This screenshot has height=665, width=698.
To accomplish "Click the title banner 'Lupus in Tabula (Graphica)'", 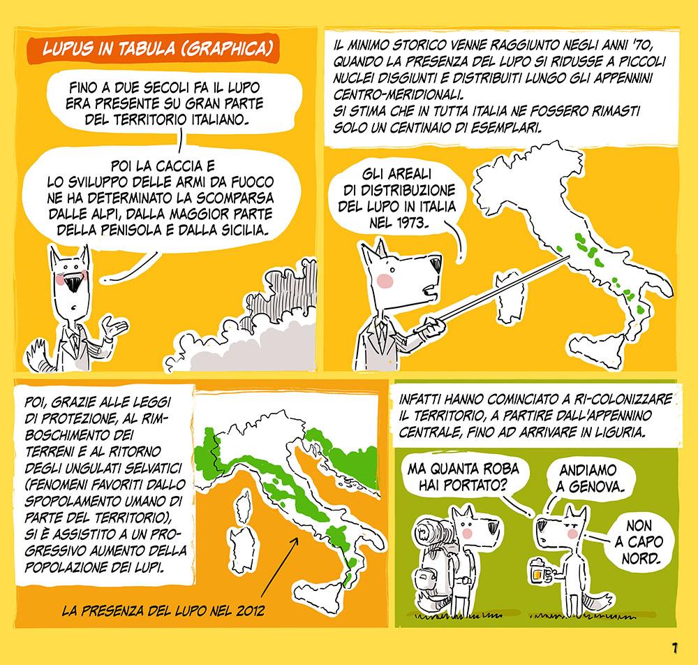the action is point(153,49).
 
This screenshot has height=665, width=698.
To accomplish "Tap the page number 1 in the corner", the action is point(675,648).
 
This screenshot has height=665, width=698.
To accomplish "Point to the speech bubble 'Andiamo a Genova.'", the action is point(588,478).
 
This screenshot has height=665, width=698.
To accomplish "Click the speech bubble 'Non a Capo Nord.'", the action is point(639,541).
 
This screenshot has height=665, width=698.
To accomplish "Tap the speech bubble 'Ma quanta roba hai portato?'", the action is point(463,476).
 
